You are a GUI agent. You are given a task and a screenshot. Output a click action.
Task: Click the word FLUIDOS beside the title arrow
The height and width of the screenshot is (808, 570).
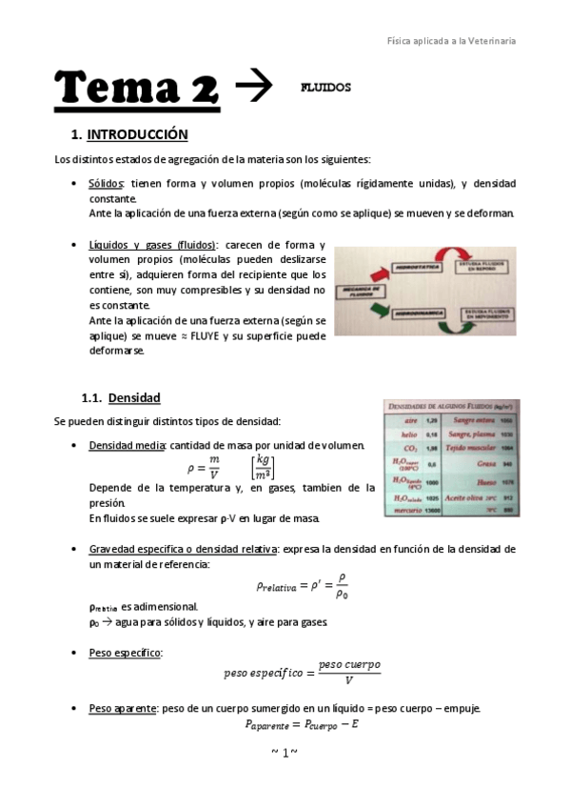pyautogui.click(x=325, y=88)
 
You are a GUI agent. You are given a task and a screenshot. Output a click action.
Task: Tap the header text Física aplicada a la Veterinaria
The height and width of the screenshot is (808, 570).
pyautogui.click(x=452, y=41)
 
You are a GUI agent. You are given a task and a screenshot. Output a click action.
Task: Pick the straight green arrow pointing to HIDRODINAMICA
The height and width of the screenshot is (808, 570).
pyautogui.click(x=382, y=310)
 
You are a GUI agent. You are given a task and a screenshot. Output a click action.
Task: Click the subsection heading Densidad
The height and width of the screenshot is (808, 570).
pyautogui.click(x=134, y=397)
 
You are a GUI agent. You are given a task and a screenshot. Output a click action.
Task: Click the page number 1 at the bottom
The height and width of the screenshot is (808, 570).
pyautogui.click(x=285, y=753)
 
